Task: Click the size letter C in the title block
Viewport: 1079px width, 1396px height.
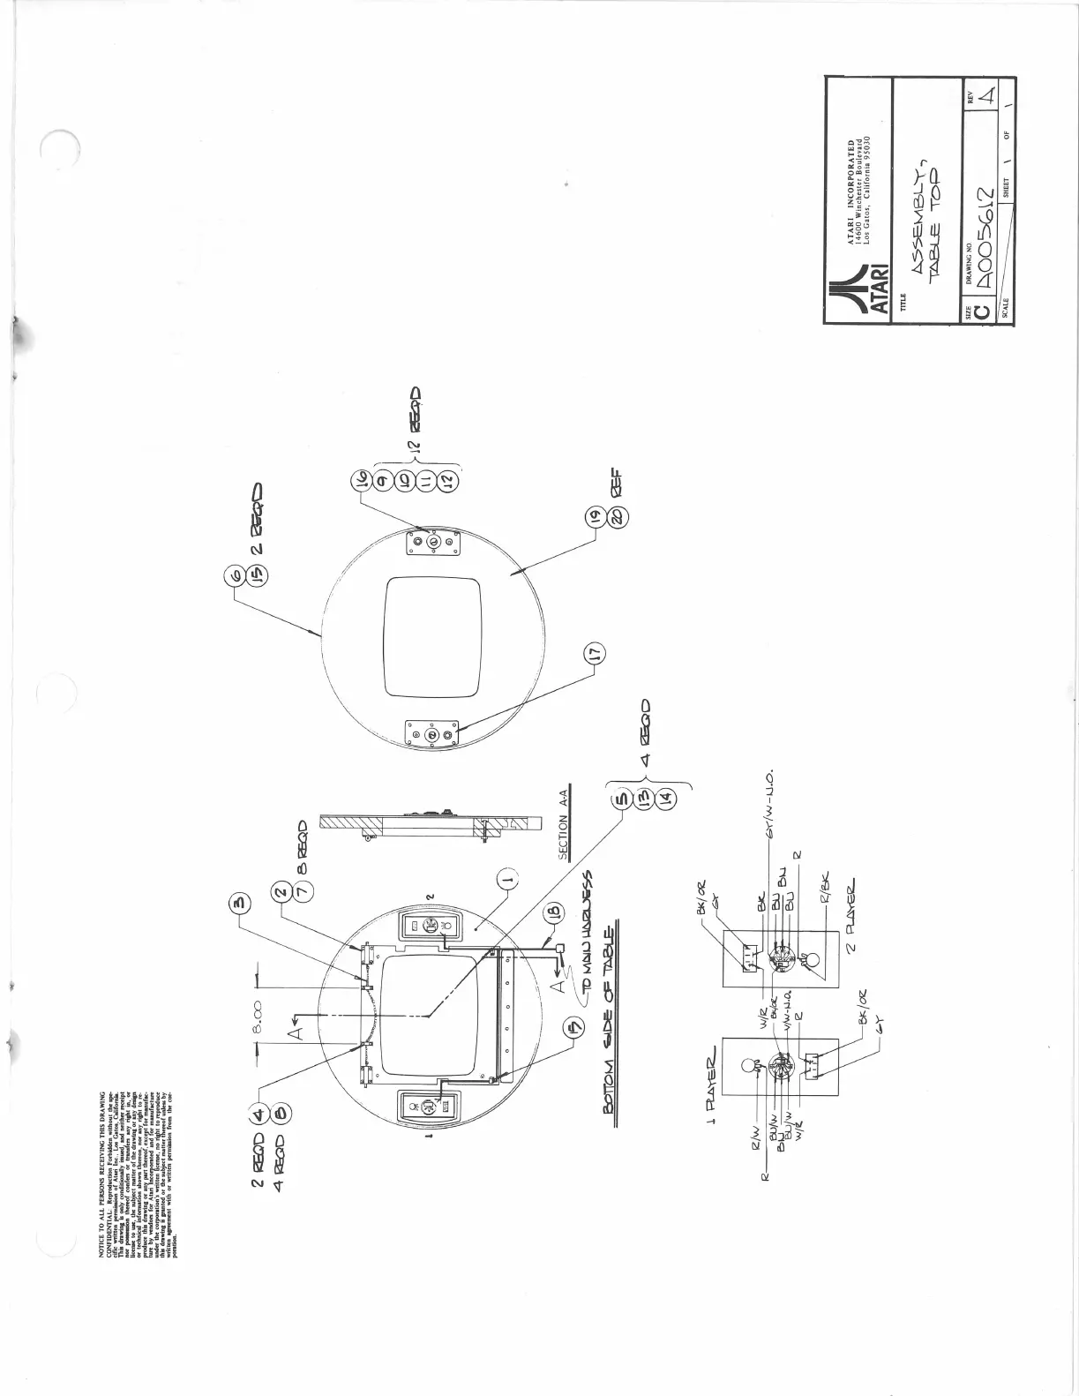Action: (x=979, y=312)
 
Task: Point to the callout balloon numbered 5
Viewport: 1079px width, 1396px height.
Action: (x=622, y=799)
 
